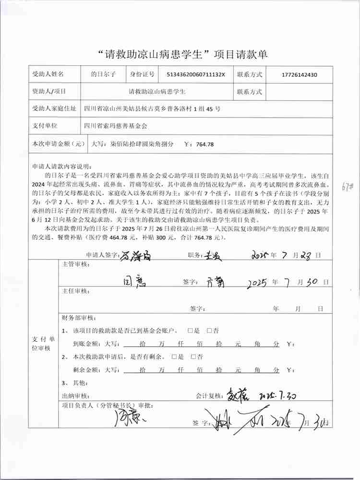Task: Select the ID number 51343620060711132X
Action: pos(195,75)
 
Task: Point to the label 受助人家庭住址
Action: pos(53,108)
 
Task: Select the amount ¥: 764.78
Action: pos(199,144)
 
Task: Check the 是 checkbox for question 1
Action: pos(191,331)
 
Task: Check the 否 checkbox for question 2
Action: pos(193,357)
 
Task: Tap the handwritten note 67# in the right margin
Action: pos(351,185)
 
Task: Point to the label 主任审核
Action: pos(75,291)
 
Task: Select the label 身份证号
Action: pos(142,74)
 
